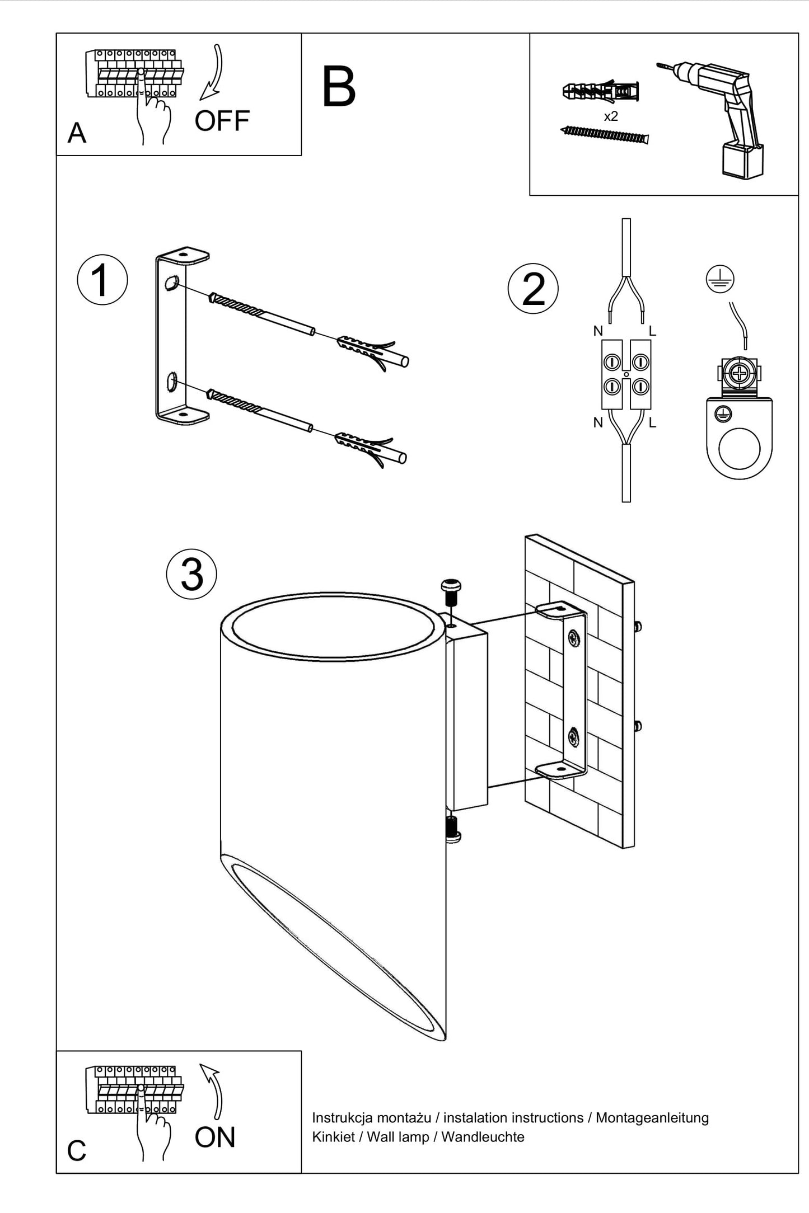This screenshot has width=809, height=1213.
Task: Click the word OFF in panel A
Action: point(222,121)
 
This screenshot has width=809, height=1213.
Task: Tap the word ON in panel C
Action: point(215,1137)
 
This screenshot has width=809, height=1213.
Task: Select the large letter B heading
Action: point(339,87)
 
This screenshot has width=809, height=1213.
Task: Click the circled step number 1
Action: point(102,280)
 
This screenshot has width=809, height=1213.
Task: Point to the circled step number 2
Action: point(533,289)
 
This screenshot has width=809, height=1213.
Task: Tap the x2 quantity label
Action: point(611,116)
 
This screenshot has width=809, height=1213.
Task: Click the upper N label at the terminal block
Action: point(598,331)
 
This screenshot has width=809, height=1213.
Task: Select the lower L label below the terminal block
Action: point(652,423)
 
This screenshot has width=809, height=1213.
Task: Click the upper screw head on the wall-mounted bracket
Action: point(574,637)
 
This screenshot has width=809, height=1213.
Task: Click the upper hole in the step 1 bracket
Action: point(172,284)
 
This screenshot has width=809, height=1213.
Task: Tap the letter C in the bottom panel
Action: point(77,1151)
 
